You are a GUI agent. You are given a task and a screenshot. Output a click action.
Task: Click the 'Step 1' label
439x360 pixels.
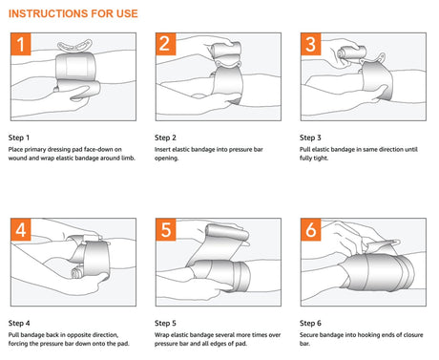click(21, 137)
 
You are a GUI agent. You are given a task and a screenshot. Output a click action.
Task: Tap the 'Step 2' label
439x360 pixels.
click(167, 137)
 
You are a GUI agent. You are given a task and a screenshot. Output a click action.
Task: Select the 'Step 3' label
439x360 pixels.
click(312, 137)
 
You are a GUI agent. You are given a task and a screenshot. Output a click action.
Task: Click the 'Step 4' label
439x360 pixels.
click(21, 322)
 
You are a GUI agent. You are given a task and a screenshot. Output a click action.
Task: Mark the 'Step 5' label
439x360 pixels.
click(167, 322)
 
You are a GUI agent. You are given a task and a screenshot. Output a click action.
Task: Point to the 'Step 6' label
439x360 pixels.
click(312, 322)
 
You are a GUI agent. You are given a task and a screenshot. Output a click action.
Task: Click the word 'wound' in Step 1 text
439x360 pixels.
click(19, 159)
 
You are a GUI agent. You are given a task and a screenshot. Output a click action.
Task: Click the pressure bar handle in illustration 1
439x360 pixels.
click(76, 46)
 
